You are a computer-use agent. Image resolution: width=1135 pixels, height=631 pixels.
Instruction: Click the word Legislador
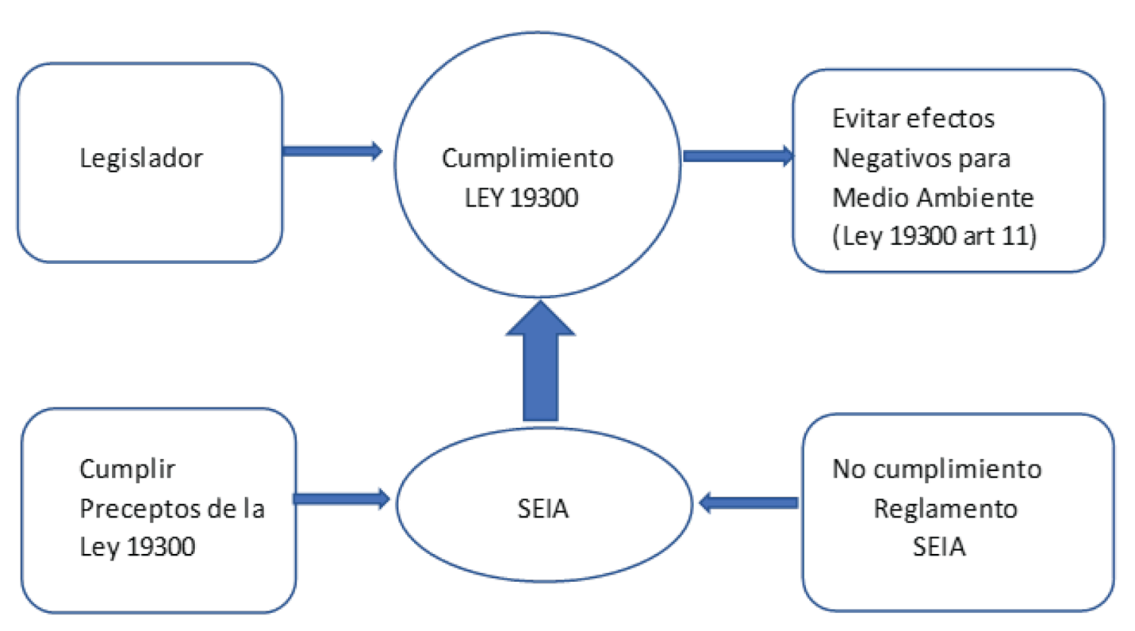coord(141,158)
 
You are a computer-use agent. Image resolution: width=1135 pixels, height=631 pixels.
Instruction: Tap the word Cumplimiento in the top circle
coord(527,158)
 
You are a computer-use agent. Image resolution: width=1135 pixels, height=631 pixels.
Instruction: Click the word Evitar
coord(865,119)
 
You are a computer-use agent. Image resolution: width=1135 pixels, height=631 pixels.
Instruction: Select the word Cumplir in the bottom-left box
coord(128,469)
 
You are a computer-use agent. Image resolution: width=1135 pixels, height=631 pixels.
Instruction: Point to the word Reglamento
coord(945,508)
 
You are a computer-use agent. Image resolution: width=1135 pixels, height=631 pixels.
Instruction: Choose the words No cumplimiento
coord(936,469)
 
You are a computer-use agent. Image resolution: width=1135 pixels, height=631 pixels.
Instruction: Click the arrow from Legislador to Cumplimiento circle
coord(332,151)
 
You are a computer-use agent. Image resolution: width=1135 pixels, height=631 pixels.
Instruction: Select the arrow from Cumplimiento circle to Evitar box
coord(738,156)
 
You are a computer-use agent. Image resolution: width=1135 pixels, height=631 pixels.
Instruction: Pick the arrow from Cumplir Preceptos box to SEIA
coord(341,499)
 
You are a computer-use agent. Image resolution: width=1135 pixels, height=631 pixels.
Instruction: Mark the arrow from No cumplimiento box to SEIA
coord(750,502)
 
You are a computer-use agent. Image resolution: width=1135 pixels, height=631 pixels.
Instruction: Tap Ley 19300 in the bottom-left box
coord(137,547)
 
